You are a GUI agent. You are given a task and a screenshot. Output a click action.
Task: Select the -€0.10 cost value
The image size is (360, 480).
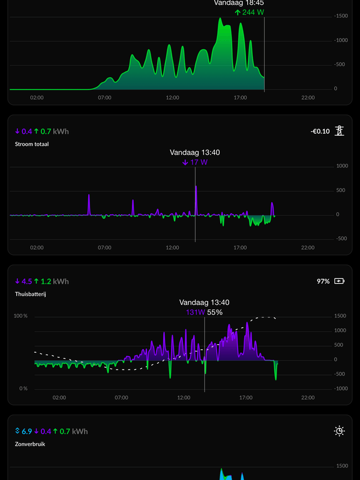[320, 131]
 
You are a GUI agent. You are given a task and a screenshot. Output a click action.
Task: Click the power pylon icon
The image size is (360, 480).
[340, 130]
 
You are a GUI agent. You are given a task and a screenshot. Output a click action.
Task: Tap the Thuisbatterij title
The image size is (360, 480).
[30, 294]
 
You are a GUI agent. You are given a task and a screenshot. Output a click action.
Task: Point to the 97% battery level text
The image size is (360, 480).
[323, 281]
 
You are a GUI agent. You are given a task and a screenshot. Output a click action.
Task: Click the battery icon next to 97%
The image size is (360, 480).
[340, 281]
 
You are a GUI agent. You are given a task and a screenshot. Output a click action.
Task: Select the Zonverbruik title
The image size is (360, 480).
[29, 444]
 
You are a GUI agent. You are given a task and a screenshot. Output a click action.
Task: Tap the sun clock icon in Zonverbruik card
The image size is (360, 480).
[340, 431]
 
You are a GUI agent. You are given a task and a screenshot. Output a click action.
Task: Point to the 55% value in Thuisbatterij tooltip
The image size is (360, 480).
[215, 312]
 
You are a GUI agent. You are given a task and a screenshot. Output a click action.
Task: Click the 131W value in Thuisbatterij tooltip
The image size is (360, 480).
[196, 312]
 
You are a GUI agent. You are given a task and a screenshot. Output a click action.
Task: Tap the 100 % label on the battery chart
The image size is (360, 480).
[21, 316]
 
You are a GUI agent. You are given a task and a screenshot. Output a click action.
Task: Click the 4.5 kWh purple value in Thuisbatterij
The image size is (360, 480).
[24, 281]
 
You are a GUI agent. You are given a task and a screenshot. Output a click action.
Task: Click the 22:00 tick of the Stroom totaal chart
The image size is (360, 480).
[308, 247]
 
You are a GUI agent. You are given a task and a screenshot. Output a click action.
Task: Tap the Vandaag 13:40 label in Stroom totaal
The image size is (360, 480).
[195, 152]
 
